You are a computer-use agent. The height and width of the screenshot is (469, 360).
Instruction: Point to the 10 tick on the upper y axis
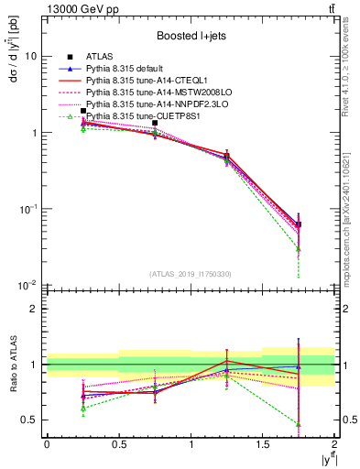tap(30, 57)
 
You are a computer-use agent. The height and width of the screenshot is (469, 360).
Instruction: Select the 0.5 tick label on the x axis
tap(118, 445)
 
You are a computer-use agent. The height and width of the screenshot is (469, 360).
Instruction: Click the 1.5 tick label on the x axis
tap(263, 445)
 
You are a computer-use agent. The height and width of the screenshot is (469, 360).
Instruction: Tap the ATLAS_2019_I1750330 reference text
tap(190, 274)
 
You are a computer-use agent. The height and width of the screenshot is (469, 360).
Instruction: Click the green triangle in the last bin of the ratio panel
tap(298, 424)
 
